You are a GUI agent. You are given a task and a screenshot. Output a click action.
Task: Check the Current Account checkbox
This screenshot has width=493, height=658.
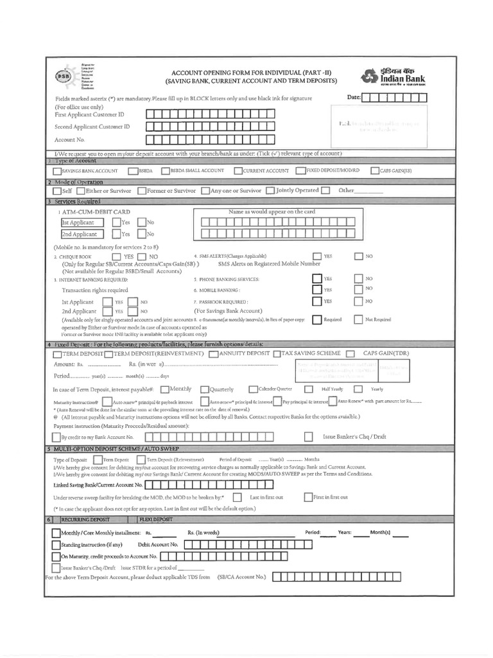(238, 171)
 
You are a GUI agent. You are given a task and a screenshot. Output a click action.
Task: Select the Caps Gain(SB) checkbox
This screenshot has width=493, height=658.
(374, 171)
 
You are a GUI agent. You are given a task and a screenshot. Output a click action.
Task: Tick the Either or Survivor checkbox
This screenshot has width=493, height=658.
(80, 191)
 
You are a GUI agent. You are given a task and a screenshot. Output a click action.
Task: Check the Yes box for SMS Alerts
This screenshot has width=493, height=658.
(316, 256)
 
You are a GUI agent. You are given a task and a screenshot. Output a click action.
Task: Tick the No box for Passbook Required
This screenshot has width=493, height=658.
(358, 301)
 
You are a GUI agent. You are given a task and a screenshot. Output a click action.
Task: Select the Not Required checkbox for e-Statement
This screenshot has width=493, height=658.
(358, 319)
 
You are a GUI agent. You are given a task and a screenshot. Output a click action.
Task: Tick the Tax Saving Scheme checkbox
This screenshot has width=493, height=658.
(276, 353)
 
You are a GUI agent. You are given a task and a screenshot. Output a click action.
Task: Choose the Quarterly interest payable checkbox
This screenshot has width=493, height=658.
(205, 389)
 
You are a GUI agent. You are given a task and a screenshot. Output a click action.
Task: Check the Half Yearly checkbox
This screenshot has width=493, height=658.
(309, 389)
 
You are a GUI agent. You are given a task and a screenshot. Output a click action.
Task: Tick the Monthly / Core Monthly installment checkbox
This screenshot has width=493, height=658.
(56, 533)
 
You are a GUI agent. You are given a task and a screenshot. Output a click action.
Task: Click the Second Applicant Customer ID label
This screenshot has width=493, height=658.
(92, 127)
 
